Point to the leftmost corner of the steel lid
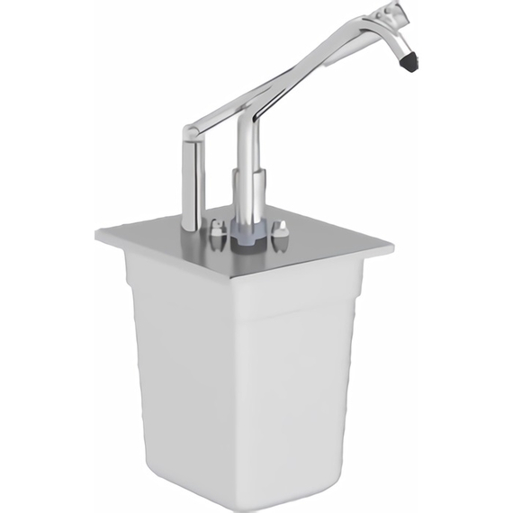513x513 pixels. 97,235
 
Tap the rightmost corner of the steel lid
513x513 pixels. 391,245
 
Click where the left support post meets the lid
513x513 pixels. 192,225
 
